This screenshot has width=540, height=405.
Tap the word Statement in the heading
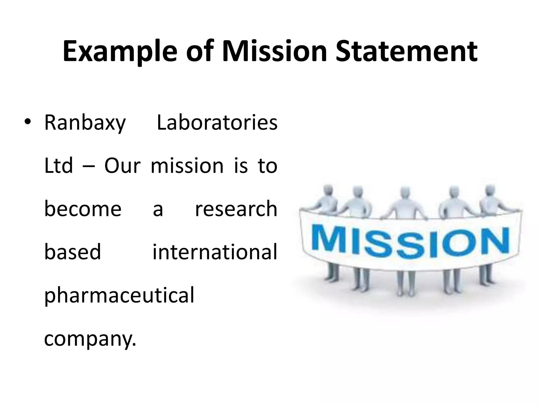point(406,51)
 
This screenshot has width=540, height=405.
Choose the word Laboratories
point(217,122)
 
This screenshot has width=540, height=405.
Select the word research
point(236,209)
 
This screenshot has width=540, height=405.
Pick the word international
point(215,252)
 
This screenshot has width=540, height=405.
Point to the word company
point(90,339)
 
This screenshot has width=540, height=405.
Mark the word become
point(83,209)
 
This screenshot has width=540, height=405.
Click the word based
point(73,252)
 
